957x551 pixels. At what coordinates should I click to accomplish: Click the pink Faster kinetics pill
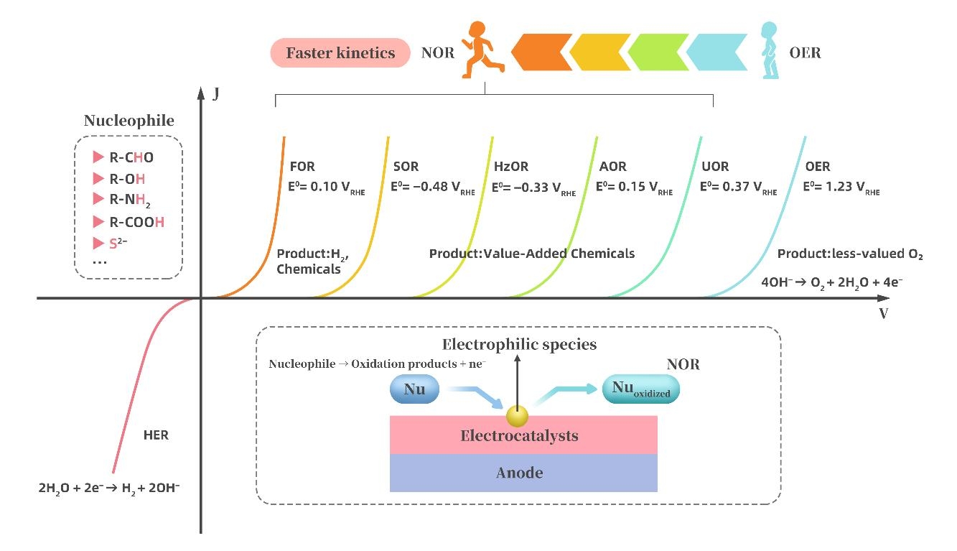pyautogui.click(x=340, y=52)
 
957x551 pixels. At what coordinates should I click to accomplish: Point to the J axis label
pyautogui.click(x=215, y=94)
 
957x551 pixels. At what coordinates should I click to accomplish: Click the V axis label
pyautogui.click(x=883, y=314)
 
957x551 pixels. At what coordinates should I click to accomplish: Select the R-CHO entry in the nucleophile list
pyautogui.click(x=131, y=157)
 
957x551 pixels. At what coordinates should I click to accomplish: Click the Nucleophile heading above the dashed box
pyautogui.click(x=129, y=121)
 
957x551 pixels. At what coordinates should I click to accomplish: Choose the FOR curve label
pyautogui.click(x=302, y=167)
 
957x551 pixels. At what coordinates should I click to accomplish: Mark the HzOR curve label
pyautogui.click(x=511, y=167)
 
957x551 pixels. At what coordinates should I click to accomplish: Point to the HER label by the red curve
pyautogui.click(x=156, y=435)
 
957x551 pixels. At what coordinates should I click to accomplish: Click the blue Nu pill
pyautogui.click(x=415, y=389)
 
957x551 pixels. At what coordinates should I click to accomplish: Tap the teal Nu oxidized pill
pyautogui.click(x=640, y=389)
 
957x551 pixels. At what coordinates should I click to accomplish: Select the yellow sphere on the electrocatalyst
pyautogui.click(x=516, y=415)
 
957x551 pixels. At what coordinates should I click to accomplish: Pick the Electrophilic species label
pyautogui.click(x=519, y=345)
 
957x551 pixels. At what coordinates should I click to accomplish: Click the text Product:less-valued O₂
pyautogui.click(x=849, y=254)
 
